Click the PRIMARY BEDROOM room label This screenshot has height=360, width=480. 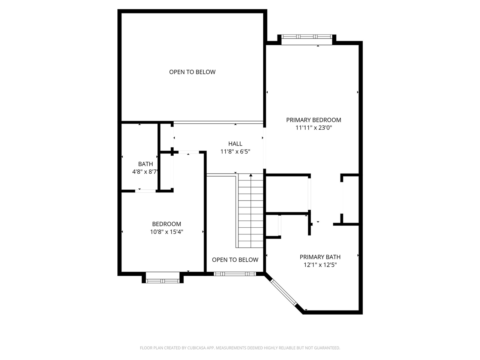tap(313, 120)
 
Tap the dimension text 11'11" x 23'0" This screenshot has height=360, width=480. tap(313, 128)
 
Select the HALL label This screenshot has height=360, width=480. tap(235, 144)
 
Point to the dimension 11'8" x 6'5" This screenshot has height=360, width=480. tap(235, 151)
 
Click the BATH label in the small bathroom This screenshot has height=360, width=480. tap(145, 164)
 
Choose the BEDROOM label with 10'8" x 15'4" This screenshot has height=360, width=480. tap(166, 224)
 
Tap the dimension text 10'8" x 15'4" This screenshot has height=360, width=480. tap(166, 232)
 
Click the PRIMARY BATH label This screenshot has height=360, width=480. tap(320, 257)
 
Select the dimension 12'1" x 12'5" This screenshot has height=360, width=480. tap(320, 265)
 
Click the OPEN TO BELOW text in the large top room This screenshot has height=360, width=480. tap(192, 72)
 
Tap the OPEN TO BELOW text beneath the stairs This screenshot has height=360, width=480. tap(235, 260)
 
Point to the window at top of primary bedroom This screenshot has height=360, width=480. tap(307, 37)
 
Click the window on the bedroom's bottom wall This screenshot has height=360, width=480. tap(163, 280)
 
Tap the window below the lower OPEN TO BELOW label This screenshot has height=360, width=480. tap(235, 274)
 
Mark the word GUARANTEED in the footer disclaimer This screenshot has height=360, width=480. tap(326, 348)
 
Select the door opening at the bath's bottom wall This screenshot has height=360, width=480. tap(145, 191)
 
